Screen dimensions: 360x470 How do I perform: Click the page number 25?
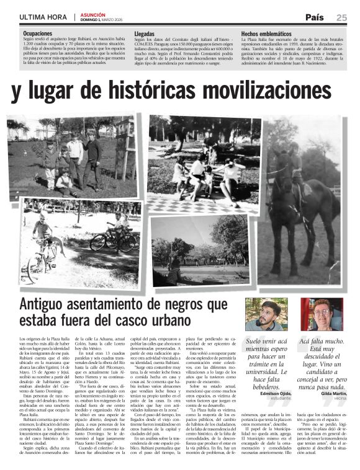click(342, 17)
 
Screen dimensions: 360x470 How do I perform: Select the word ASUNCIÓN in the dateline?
click(92, 14)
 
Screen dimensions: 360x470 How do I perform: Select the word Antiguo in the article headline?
click(49, 304)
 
